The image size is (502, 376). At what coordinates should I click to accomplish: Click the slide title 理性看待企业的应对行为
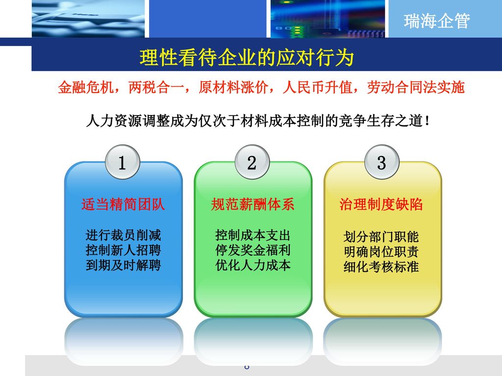(x=247, y=58)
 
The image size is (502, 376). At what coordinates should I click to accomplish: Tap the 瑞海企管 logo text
(x=437, y=21)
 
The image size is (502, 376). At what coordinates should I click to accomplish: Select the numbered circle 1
(x=122, y=163)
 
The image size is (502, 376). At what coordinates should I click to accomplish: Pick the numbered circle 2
(x=251, y=163)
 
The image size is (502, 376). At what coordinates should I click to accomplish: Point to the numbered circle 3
(x=381, y=163)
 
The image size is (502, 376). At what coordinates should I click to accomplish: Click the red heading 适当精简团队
(x=123, y=205)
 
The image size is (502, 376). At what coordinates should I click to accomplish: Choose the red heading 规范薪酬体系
(x=252, y=205)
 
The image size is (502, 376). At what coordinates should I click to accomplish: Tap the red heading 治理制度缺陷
(x=381, y=205)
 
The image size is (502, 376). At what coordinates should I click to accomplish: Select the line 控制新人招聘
(x=123, y=251)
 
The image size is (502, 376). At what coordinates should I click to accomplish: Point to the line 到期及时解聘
(x=123, y=266)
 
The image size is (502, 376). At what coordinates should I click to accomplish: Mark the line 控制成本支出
(x=253, y=235)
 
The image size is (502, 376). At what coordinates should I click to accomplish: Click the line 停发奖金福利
(x=253, y=251)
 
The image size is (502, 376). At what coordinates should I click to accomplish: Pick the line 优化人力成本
(x=253, y=266)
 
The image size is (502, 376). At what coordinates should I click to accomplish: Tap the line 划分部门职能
(x=381, y=237)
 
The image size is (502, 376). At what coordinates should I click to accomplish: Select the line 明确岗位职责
(x=381, y=253)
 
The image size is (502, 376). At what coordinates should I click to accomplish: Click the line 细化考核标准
(x=381, y=268)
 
